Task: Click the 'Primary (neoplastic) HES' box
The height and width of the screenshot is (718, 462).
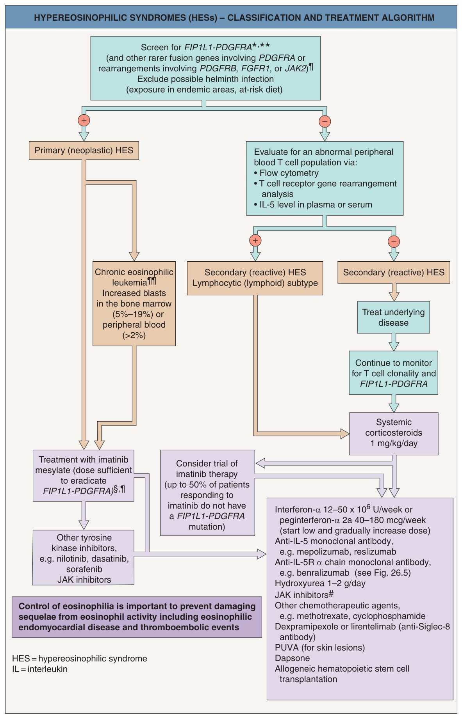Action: [x=84, y=151]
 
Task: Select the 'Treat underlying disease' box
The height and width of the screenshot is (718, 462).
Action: [x=393, y=317]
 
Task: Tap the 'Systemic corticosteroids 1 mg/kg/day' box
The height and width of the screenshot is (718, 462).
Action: [x=394, y=433]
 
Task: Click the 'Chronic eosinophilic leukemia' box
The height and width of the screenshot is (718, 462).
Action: [x=134, y=303]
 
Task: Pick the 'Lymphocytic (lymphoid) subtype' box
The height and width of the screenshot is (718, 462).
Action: [x=255, y=278]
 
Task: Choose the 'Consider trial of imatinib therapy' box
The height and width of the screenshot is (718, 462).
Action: [x=207, y=493]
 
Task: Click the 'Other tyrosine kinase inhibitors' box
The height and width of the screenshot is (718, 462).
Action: [x=84, y=557]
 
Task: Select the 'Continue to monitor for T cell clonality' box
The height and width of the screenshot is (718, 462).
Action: [x=394, y=373]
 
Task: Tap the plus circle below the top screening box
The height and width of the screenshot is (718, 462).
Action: [x=84, y=120]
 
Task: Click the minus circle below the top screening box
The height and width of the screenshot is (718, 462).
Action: [x=325, y=121]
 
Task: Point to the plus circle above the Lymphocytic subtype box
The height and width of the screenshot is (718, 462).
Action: [x=255, y=240]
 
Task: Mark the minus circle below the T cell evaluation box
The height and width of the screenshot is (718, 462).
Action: [x=394, y=241]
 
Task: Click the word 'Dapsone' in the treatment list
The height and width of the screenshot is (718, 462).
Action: [x=292, y=658]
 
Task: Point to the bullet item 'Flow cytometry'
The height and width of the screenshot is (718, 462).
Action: [x=286, y=173]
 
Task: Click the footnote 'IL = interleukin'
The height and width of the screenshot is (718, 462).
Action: [x=40, y=669]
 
